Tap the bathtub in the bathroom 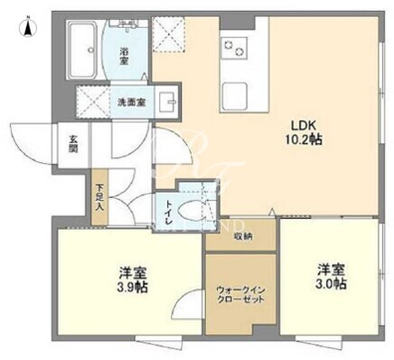coord(83,50)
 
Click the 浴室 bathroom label coord(124,56)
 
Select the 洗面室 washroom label coord(132,103)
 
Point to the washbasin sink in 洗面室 coord(166,102)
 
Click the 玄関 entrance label coord(73,145)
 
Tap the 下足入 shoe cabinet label coord(99,197)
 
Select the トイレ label coord(166,213)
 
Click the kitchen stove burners coord(234,48)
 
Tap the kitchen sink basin coord(234,96)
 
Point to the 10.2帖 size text coord(304,139)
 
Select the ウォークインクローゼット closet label coord(240,295)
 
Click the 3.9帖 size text coord(132,288)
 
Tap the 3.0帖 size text coord(331,284)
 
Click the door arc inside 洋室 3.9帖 coord(186,303)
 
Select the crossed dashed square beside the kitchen coord(168,33)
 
